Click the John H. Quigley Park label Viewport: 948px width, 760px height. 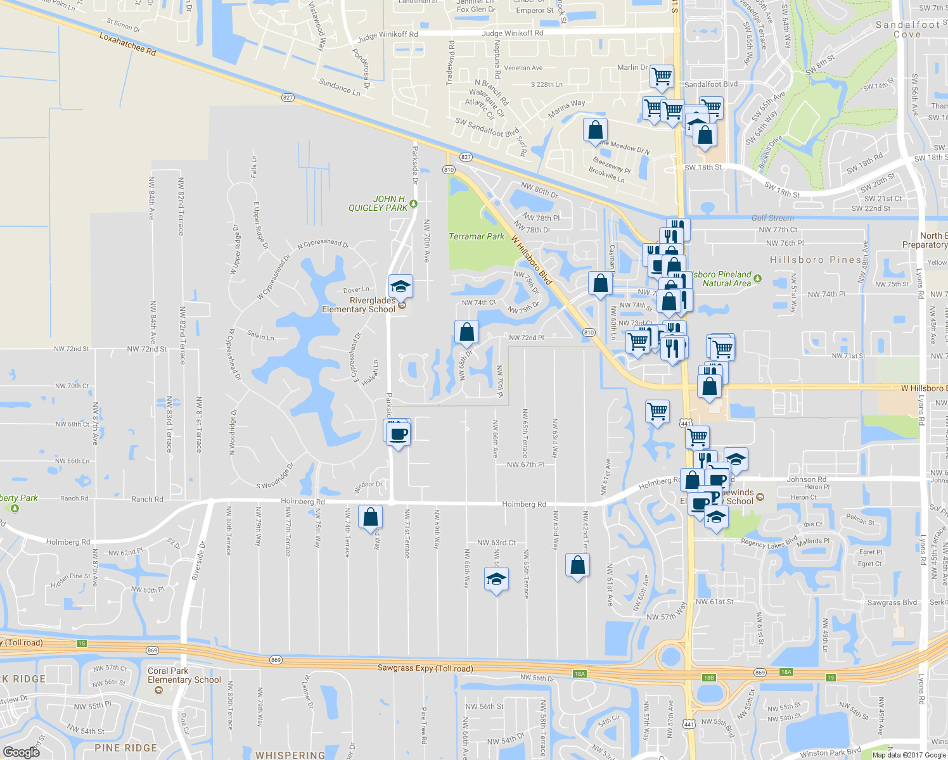[x=378, y=203]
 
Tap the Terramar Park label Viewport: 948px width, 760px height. [x=477, y=236]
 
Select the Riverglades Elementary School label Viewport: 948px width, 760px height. [x=359, y=305]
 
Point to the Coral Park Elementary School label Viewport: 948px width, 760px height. [x=184, y=675]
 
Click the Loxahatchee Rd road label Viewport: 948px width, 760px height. [x=127, y=44]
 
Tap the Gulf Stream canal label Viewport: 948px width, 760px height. [x=772, y=218]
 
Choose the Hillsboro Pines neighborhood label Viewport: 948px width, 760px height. [x=816, y=260]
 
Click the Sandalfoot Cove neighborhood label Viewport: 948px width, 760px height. [x=907, y=29]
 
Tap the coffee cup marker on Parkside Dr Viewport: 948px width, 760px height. [x=399, y=434]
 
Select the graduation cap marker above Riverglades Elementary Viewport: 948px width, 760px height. [x=400, y=288]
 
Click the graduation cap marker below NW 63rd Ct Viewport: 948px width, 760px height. [x=496, y=579]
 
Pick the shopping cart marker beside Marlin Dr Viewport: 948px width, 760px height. [x=662, y=76]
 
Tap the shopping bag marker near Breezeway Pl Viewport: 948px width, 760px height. [x=595, y=130]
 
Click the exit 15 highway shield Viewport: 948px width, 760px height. [x=82, y=643]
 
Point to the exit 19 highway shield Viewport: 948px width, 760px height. [x=831, y=678]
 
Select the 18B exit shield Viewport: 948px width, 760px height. [x=708, y=678]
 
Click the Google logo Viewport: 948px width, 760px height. [x=22, y=752]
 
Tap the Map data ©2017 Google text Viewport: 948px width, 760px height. [x=908, y=755]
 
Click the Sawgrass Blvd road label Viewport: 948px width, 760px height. [x=892, y=602]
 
